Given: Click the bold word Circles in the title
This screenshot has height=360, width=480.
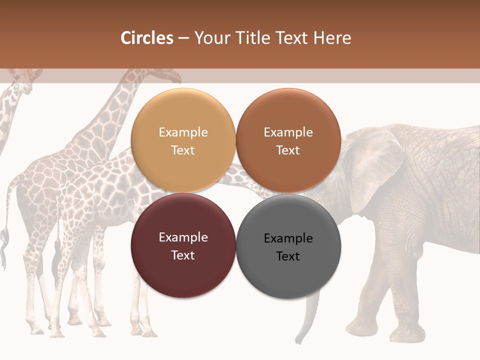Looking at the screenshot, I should [147, 38].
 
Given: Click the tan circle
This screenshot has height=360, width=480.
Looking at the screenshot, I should [183, 141].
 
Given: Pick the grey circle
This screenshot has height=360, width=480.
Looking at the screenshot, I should [288, 246].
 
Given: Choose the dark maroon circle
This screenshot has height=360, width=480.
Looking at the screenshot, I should [183, 246].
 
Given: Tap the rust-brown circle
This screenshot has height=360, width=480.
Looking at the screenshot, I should [288, 141].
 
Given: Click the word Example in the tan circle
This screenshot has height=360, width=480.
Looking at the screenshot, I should [183, 132].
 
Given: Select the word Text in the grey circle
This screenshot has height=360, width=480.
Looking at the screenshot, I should [288, 256].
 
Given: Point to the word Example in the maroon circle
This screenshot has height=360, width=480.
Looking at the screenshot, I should [183, 237].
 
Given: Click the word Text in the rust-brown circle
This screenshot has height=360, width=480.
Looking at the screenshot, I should [288, 150].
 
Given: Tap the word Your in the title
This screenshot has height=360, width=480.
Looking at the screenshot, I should [208, 38].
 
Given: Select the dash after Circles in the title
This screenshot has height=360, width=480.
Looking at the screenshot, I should [183, 38].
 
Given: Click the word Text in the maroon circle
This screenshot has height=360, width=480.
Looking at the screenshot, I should [183, 255].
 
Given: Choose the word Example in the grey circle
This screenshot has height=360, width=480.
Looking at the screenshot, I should [288, 238].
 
